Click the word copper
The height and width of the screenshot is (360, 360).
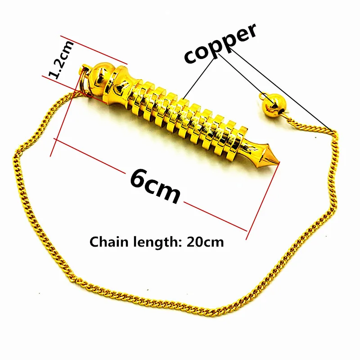[220, 45]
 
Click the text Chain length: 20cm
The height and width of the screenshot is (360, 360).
[157, 242]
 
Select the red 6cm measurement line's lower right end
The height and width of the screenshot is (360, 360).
[247, 231]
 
